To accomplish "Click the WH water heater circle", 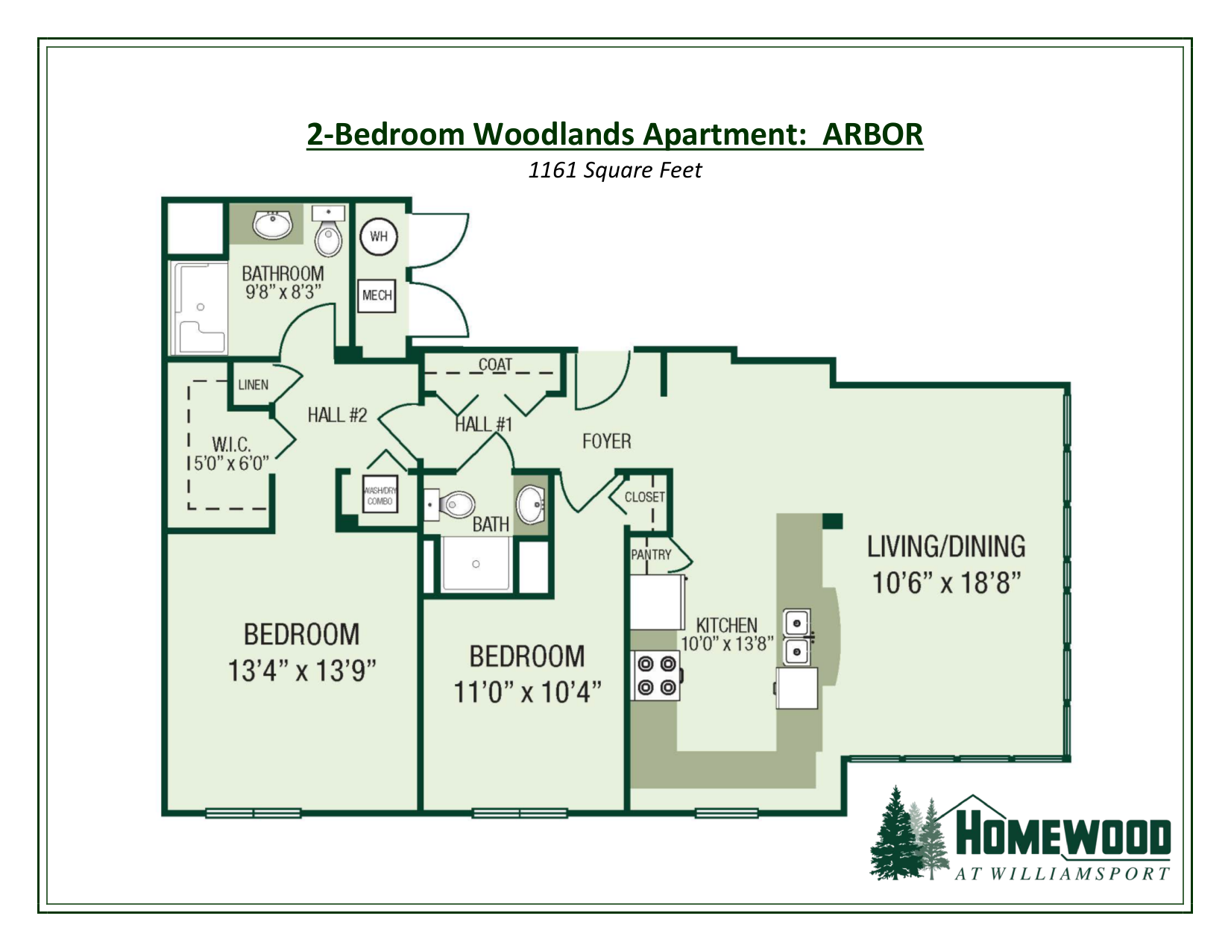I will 379,236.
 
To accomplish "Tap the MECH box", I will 377,295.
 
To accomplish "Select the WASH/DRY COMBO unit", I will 380,496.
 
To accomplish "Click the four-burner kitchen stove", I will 656,675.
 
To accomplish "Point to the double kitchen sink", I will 797,636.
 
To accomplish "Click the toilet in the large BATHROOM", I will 328,233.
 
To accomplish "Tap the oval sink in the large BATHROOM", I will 273,223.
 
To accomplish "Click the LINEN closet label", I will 254,385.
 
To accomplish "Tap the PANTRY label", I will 651,555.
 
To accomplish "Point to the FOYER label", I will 606,442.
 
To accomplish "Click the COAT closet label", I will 495,365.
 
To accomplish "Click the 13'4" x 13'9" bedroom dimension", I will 301,671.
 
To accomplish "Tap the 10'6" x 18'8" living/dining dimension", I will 946,583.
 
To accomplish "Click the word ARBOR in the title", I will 873,134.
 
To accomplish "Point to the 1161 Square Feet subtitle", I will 614,171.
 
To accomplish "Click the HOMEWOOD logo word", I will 1062,837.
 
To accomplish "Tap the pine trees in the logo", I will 909,835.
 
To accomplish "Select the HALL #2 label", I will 337,415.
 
